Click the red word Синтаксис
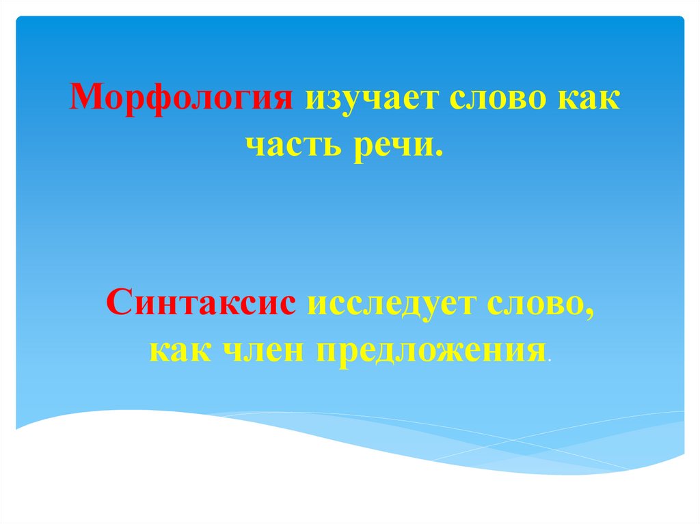pyautogui.click(x=202, y=301)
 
